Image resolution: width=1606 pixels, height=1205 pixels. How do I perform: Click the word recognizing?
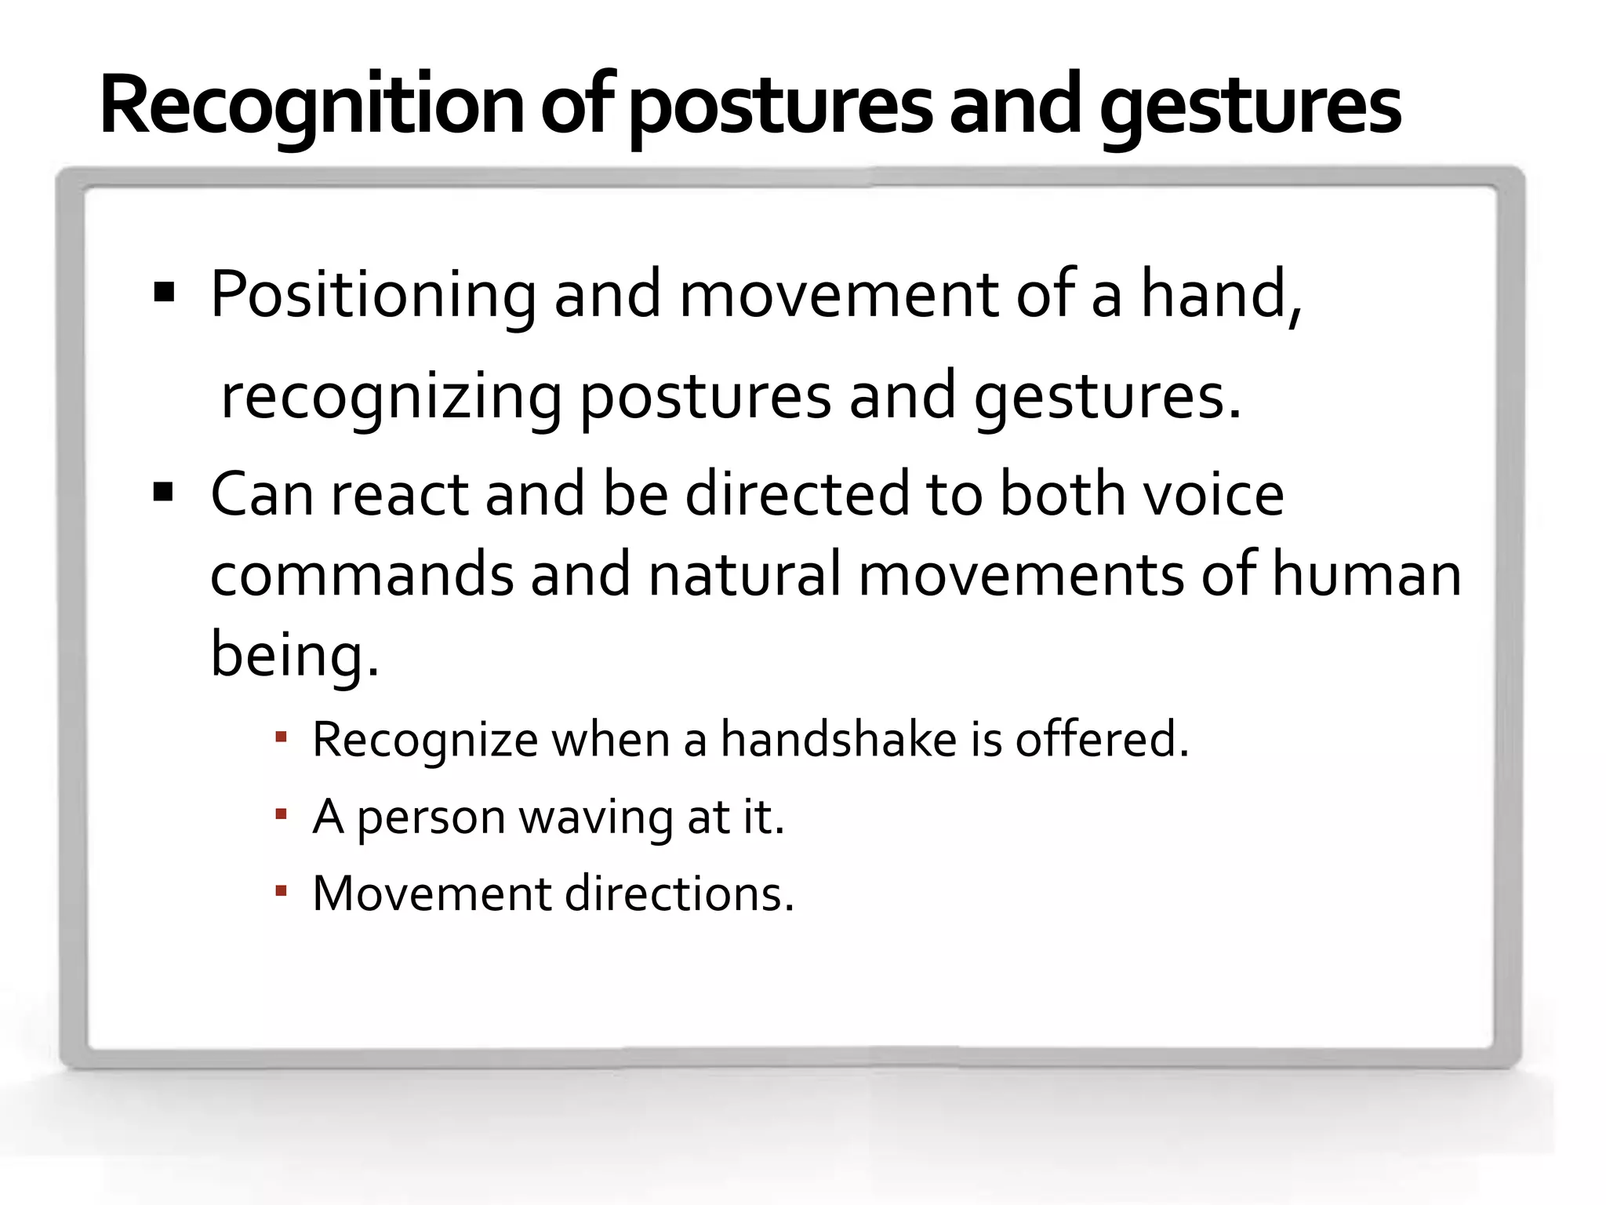(391, 397)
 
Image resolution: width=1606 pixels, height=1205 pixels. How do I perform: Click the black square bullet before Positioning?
(164, 293)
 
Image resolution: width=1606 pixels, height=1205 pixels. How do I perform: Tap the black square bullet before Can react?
(164, 493)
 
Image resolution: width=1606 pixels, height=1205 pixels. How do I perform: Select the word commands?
(362, 574)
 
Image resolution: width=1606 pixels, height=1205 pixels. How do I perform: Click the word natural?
(744, 574)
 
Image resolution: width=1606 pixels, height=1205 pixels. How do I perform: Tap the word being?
(295, 656)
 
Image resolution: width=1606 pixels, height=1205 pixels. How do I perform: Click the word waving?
(595, 817)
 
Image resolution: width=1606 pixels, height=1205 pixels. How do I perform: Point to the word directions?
(679, 894)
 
